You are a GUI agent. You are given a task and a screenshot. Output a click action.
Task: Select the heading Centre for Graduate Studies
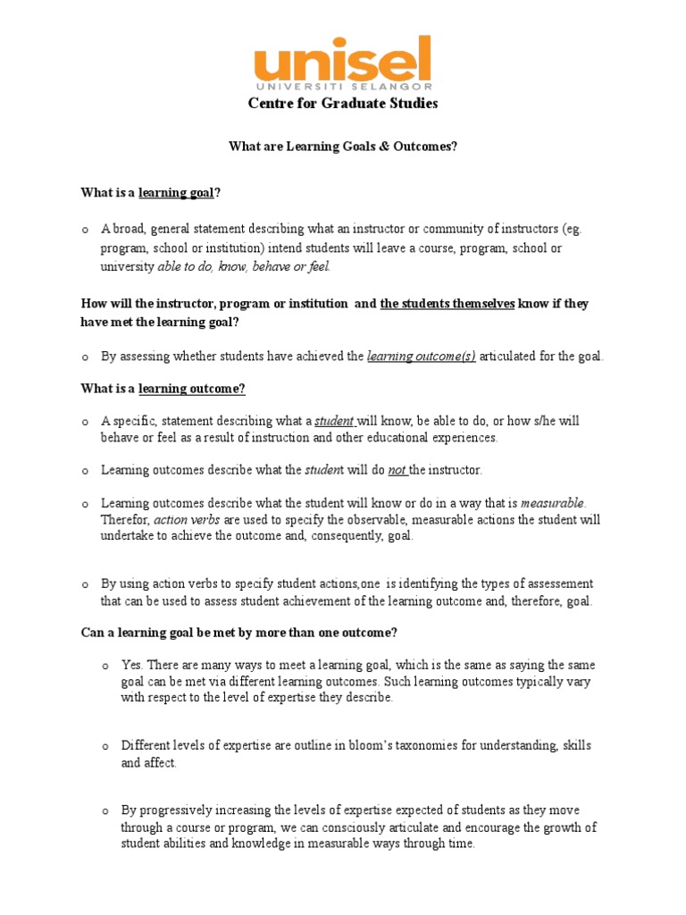point(342,104)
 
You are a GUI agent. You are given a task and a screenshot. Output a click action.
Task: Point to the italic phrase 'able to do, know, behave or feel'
point(243,266)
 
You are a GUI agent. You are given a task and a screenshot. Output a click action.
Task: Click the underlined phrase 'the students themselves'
point(447,304)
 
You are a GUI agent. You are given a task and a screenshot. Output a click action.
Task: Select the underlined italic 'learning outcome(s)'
point(422,357)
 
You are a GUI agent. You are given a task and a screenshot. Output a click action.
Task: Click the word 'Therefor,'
point(125,519)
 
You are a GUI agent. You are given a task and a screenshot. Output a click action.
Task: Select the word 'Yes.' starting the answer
point(133,665)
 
